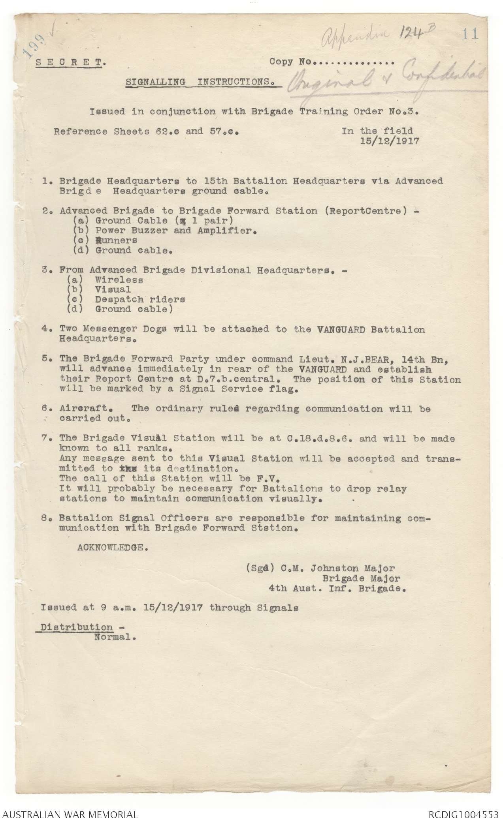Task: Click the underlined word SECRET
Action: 70,62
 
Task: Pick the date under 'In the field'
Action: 390,141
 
